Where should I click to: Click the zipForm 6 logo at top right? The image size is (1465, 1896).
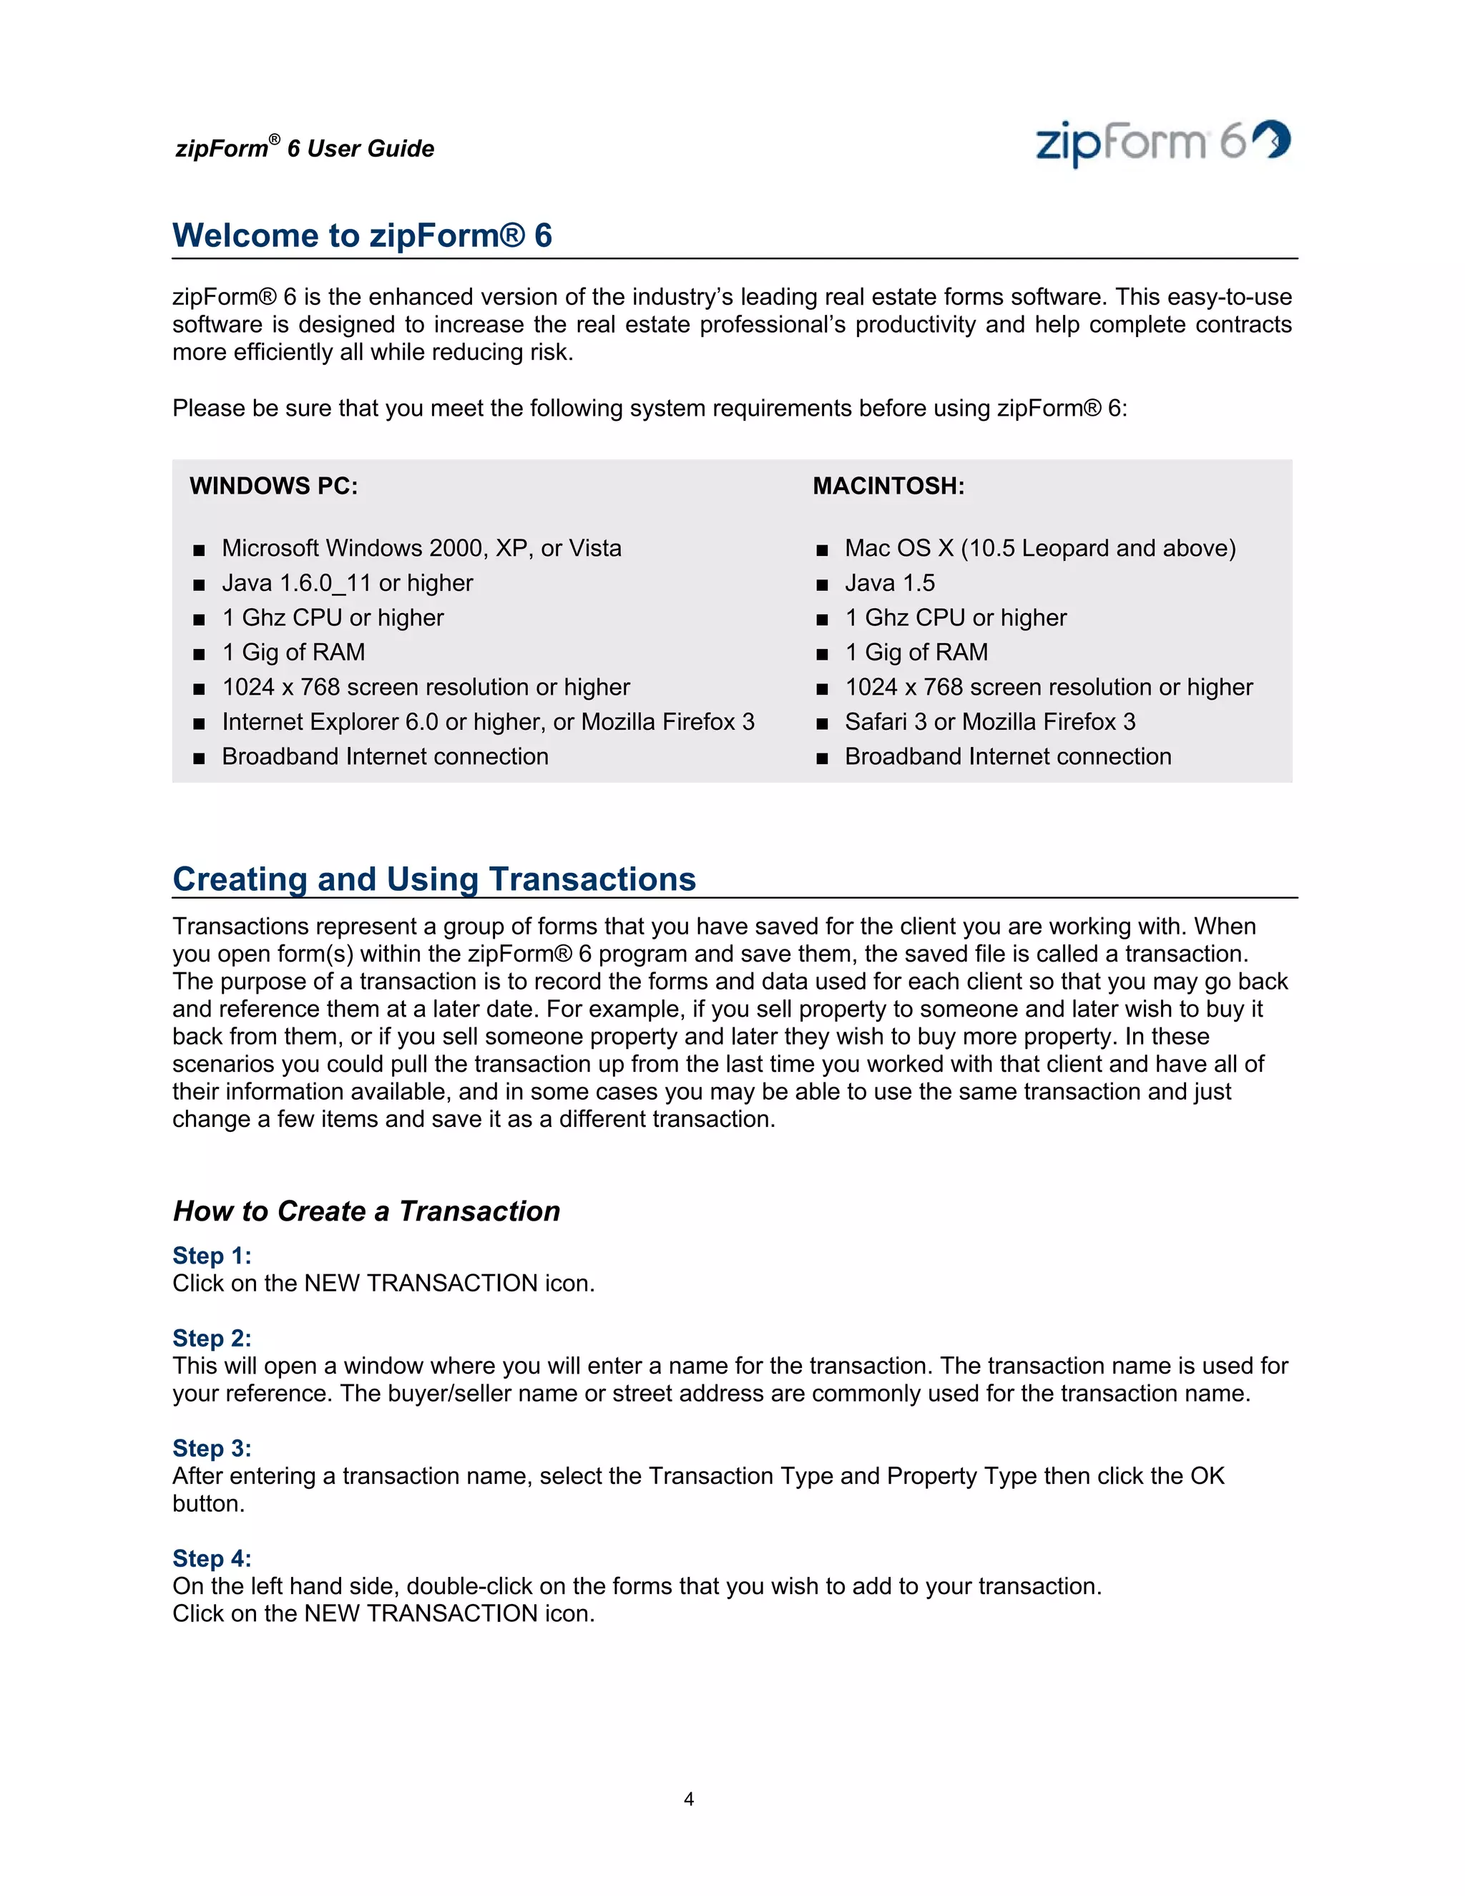point(1162,142)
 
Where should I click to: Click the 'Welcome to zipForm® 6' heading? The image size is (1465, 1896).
point(362,236)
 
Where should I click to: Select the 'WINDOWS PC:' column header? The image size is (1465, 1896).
point(273,486)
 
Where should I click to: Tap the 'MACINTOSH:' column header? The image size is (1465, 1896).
point(888,486)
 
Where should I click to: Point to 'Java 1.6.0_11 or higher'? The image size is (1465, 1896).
point(347,583)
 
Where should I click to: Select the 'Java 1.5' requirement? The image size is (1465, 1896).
point(890,583)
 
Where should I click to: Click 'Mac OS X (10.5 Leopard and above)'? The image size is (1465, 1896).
point(1039,549)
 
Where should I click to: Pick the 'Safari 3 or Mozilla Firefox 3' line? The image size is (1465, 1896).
point(989,723)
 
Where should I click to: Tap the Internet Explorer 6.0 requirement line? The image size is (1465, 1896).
point(488,723)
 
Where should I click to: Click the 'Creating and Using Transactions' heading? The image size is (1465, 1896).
point(434,879)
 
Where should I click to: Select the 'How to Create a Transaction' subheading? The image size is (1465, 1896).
point(366,1211)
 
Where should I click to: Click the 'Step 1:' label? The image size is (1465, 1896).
point(212,1256)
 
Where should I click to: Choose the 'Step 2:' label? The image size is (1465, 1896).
point(212,1339)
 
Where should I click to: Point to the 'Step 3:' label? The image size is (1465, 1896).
point(212,1449)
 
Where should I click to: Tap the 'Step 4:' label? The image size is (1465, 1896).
point(212,1559)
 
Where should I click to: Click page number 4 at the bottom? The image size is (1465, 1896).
point(688,1799)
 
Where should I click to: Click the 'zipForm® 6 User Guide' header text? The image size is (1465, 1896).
point(305,148)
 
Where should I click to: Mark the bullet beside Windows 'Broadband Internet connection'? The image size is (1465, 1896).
point(199,758)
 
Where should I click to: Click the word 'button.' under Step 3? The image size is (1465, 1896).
point(208,1505)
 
